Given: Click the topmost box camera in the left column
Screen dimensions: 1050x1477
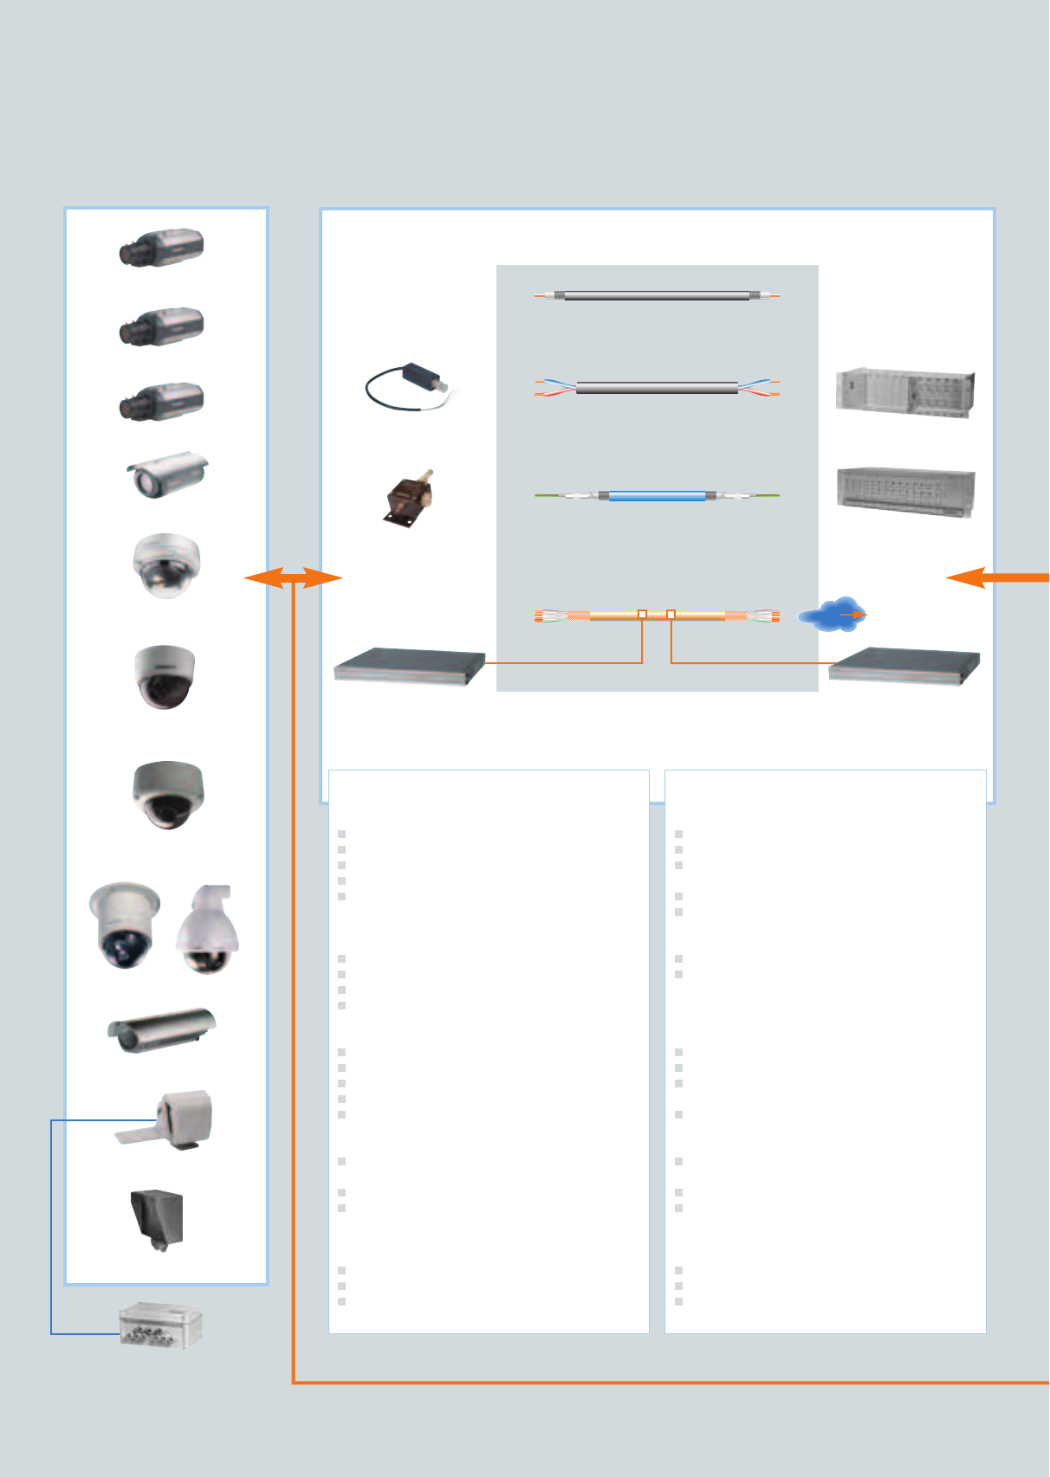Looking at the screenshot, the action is coord(162,248).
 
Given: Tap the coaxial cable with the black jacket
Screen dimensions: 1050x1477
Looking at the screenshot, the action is coord(657,296).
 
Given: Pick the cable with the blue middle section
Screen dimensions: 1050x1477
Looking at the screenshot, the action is coord(657,496).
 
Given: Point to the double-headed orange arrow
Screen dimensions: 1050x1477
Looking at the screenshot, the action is coord(293,577).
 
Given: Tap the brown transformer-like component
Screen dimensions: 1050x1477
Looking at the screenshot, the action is coord(409,498).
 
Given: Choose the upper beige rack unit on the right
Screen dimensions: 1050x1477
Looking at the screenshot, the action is coord(904,393).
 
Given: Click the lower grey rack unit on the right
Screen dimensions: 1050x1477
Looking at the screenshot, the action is coord(905,492).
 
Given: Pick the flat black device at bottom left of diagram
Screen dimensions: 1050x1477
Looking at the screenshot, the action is coord(409,666).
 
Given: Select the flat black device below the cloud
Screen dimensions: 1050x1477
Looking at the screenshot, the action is coord(904,666).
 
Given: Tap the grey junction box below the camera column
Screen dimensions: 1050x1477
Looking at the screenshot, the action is coord(161,1325).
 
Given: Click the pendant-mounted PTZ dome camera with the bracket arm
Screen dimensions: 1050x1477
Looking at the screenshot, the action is coord(208,928).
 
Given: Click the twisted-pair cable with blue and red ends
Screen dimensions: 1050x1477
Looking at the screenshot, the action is coord(657,388).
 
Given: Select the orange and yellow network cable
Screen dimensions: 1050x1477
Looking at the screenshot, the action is coord(657,616).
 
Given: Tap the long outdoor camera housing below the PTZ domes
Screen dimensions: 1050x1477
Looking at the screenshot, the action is coord(162,1029).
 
